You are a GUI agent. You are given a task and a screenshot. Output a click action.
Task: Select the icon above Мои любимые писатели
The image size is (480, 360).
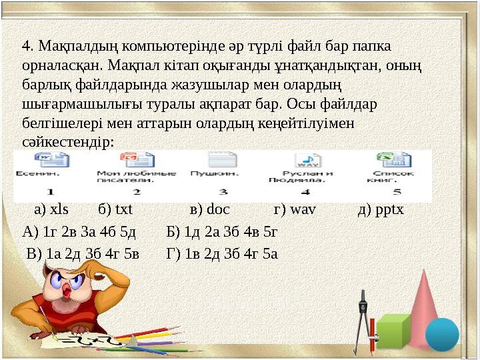click(x=136, y=160)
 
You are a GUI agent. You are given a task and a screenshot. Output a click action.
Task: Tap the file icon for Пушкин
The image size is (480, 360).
click(x=222, y=160)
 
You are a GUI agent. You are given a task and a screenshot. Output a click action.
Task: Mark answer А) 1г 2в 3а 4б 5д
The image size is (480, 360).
click(x=79, y=232)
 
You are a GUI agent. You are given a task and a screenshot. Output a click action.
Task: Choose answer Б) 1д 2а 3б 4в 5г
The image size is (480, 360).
click(x=222, y=232)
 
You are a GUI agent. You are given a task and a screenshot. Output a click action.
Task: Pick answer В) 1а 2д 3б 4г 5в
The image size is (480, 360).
click(x=83, y=253)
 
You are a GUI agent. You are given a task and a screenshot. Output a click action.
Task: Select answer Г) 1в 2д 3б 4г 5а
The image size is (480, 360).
click(x=222, y=253)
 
